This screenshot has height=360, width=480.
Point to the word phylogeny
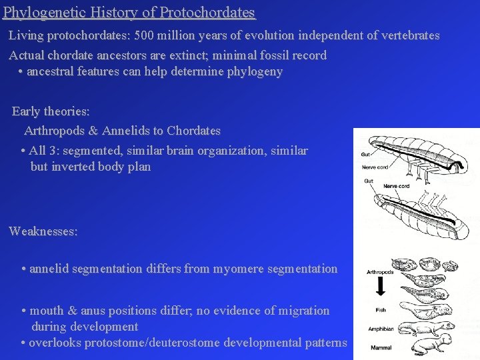pos(256,72)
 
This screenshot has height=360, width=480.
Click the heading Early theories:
pos(51,111)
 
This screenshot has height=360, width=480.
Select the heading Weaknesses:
pos(43,231)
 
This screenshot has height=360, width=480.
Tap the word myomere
pos(237,269)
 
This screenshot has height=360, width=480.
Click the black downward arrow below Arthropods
pos(380,286)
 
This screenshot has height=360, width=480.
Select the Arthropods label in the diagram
pos(379,272)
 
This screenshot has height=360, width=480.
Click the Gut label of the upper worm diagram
pos(366,155)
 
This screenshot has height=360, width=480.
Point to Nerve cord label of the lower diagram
pos(397,186)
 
